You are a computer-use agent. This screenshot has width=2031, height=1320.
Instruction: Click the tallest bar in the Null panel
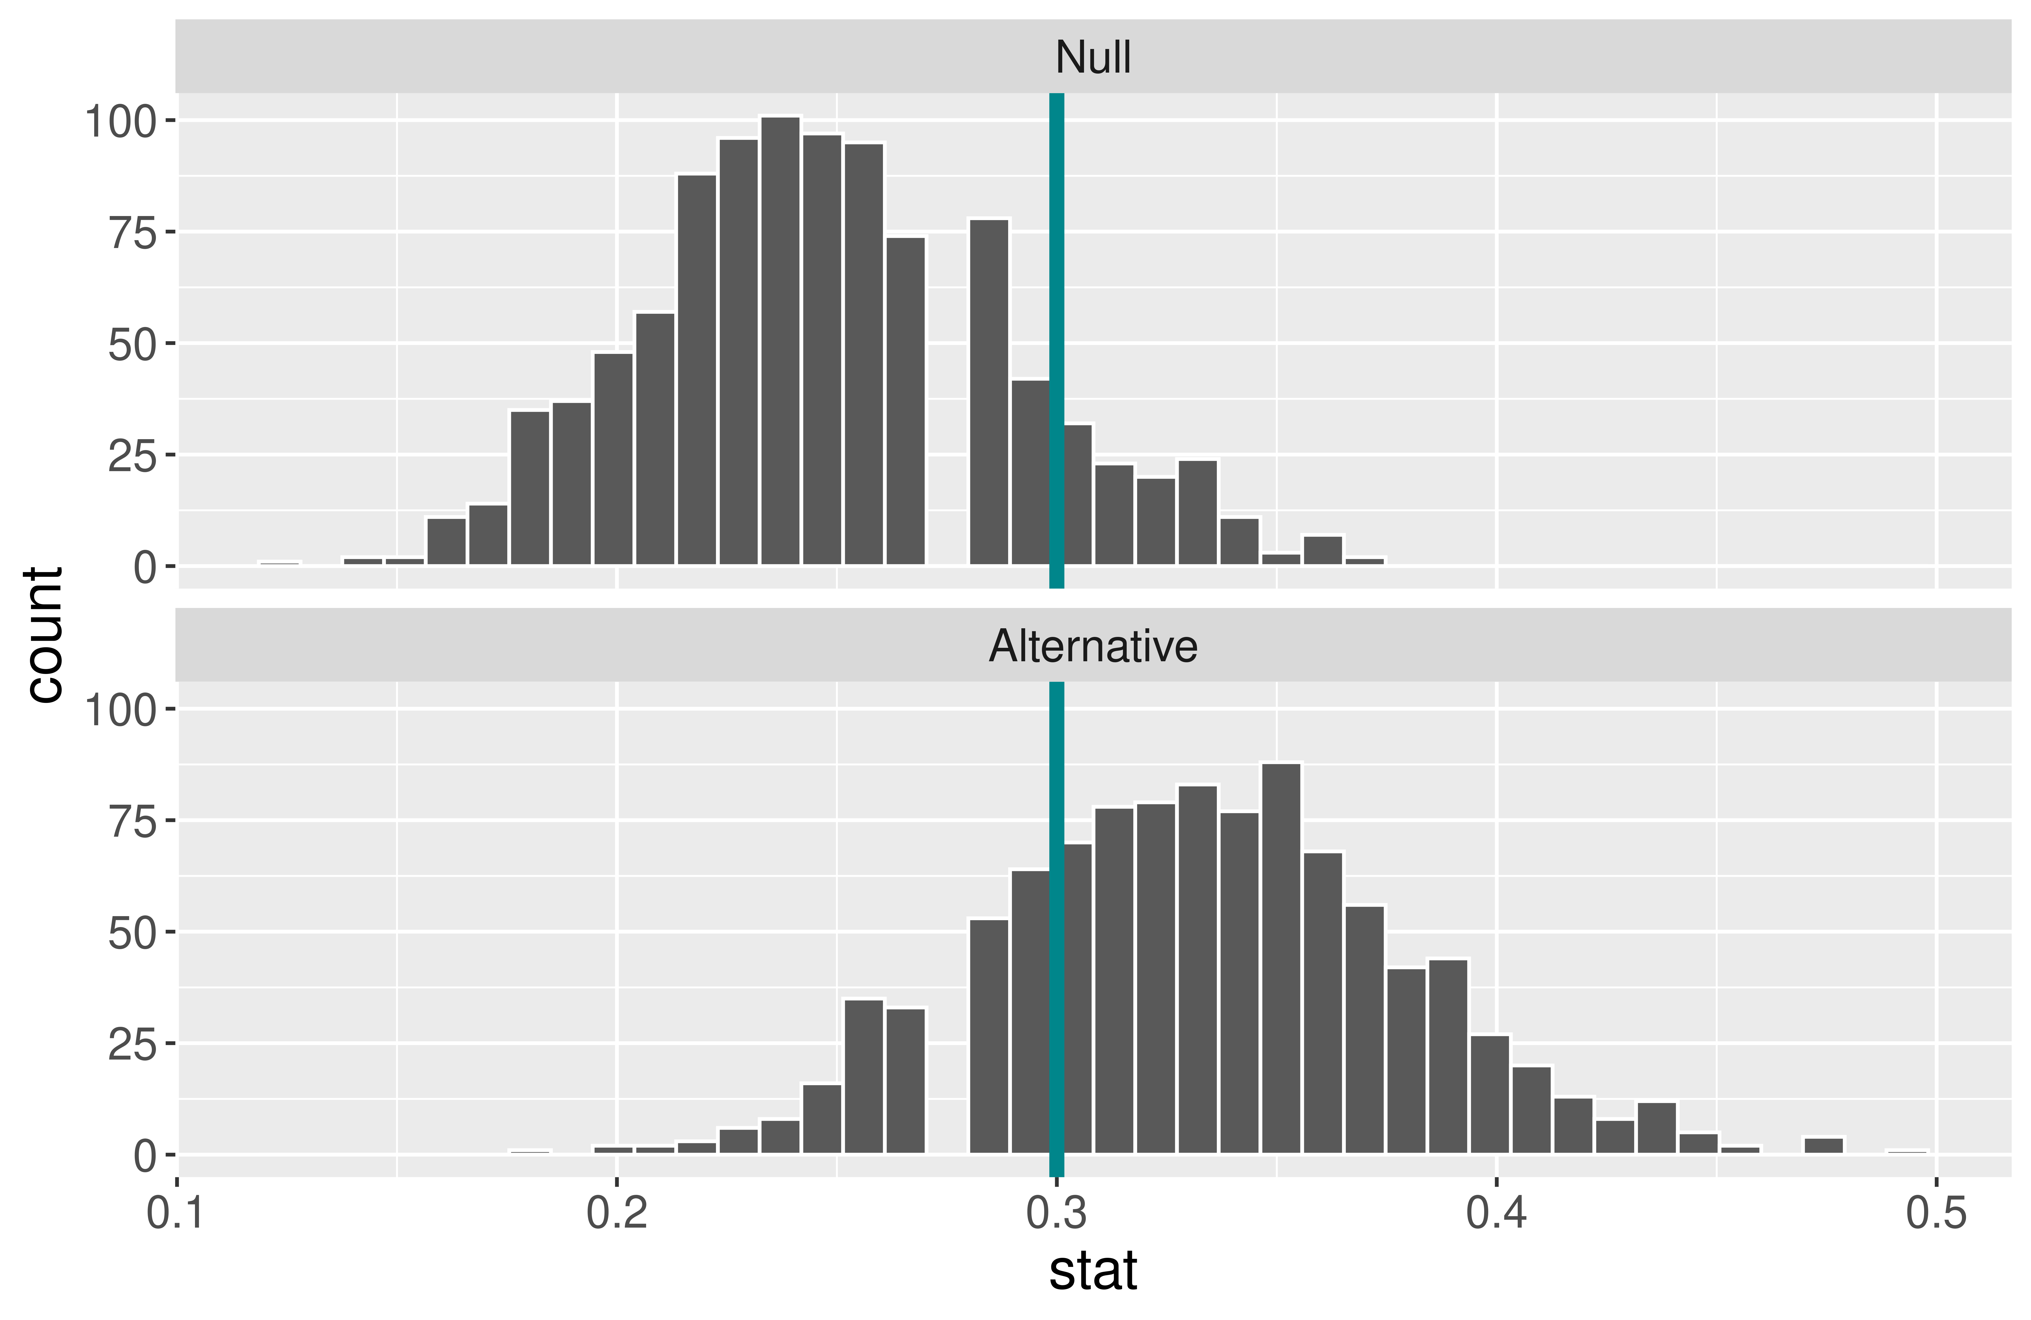click(x=780, y=341)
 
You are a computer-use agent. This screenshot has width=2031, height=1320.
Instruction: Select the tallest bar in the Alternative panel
click(x=1281, y=956)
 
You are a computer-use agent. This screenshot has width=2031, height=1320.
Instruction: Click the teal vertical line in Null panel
click(x=1056, y=256)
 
